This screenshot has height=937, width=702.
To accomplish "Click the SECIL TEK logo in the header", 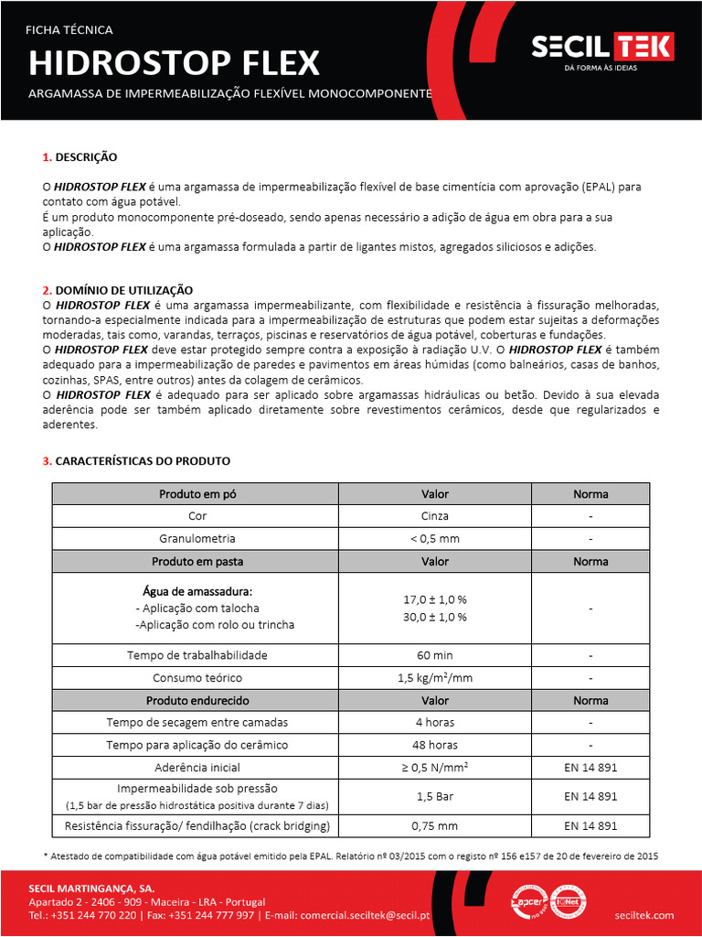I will [x=602, y=48].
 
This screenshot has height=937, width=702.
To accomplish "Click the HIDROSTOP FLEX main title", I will [x=174, y=63].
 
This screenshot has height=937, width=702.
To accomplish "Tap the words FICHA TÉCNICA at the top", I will [x=69, y=29].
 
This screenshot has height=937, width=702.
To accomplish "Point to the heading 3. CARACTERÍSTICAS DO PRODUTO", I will [x=136, y=460].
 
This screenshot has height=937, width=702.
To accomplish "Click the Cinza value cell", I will [x=435, y=516].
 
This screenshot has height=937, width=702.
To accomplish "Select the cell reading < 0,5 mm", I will [x=435, y=539].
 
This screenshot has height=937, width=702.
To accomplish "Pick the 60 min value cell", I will [x=435, y=655].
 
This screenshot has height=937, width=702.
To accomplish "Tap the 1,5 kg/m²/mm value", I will [x=435, y=678].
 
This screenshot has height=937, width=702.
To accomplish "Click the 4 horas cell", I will [x=435, y=722].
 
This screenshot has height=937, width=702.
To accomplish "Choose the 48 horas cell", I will [x=435, y=745].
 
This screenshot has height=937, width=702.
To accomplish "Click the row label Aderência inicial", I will [x=197, y=768].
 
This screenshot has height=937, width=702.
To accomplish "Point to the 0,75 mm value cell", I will [x=435, y=825].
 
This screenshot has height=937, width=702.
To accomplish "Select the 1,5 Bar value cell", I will [x=435, y=796].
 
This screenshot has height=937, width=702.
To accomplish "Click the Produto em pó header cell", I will [x=197, y=494].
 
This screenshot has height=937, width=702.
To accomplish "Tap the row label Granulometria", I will [x=197, y=539].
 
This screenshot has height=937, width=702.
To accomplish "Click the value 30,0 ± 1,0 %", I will [x=435, y=617].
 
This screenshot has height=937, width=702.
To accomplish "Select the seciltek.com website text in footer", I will [x=643, y=915].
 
